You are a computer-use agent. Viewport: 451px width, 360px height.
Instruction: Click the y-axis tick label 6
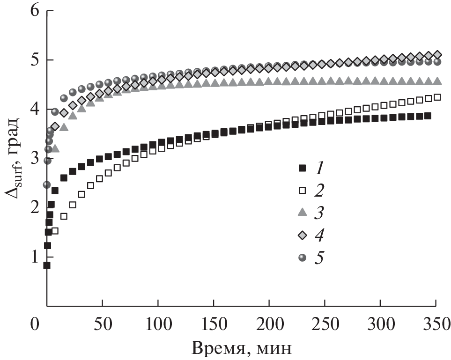tap(34, 11)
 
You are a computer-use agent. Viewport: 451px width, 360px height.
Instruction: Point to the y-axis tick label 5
tap(34, 60)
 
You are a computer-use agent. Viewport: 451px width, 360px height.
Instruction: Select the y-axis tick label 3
tap(34, 159)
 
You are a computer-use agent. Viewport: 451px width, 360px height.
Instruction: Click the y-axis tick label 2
tap(34, 207)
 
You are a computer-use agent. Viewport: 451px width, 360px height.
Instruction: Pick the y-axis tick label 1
tap(34, 257)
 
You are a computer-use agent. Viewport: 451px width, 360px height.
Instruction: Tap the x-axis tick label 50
tap(102, 323)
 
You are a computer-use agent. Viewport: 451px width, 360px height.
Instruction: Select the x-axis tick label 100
tap(158, 323)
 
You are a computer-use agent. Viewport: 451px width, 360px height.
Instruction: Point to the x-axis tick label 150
tap(214, 323)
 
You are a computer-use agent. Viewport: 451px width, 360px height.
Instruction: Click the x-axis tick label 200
tap(269, 323)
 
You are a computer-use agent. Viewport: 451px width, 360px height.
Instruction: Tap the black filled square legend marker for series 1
tap(302, 168)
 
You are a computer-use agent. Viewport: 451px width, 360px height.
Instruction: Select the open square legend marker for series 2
tap(302, 190)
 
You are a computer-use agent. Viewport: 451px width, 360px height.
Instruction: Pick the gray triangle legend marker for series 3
tap(302, 213)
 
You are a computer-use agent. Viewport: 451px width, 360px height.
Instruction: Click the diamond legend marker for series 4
tap(302, 235)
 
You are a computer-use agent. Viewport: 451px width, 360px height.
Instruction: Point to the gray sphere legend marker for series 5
tap(302, 257)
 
